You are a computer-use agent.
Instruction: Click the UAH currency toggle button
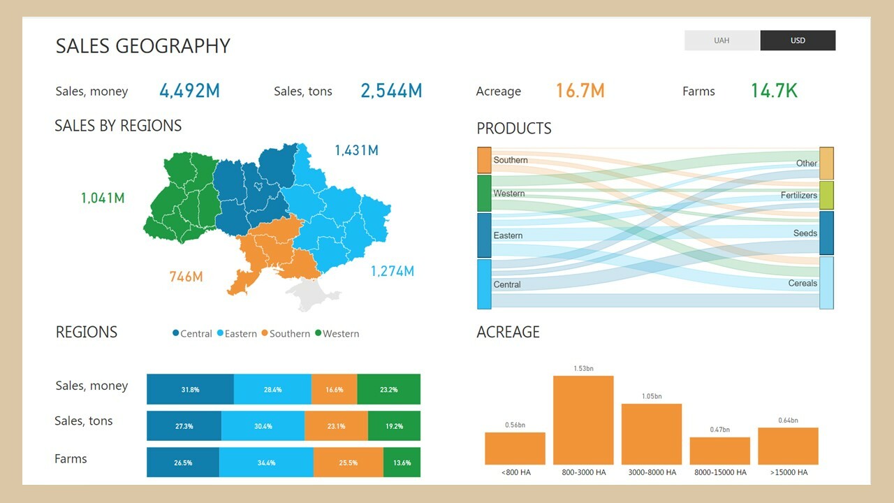[721, 41]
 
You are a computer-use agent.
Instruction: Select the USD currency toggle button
[798, 41]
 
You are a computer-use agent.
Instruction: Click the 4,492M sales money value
[189, 91]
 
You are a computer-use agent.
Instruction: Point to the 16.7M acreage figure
[580, 91]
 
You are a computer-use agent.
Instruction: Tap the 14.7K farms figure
[774, 91]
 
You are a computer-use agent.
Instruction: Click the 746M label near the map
[186, 277]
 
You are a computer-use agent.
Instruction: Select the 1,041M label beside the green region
[103, 198]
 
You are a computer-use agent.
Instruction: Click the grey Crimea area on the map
[312, 293]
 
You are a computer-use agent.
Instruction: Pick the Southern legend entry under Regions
[286, 334]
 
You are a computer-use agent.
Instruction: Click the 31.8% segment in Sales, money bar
[190, 389]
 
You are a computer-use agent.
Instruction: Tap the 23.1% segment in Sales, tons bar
[336, 425]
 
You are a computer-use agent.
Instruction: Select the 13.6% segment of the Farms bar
[402, 462]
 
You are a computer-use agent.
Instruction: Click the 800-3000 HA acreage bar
[583, 420]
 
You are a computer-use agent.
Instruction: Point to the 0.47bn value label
[719, 430]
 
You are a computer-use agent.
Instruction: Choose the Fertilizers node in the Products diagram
[826, 195]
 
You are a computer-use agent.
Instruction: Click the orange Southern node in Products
[484, 160]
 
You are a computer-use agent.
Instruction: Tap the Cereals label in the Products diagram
[803, 283]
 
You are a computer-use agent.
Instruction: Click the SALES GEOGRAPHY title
[142, 46]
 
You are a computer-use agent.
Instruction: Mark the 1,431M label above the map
[356, 150]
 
